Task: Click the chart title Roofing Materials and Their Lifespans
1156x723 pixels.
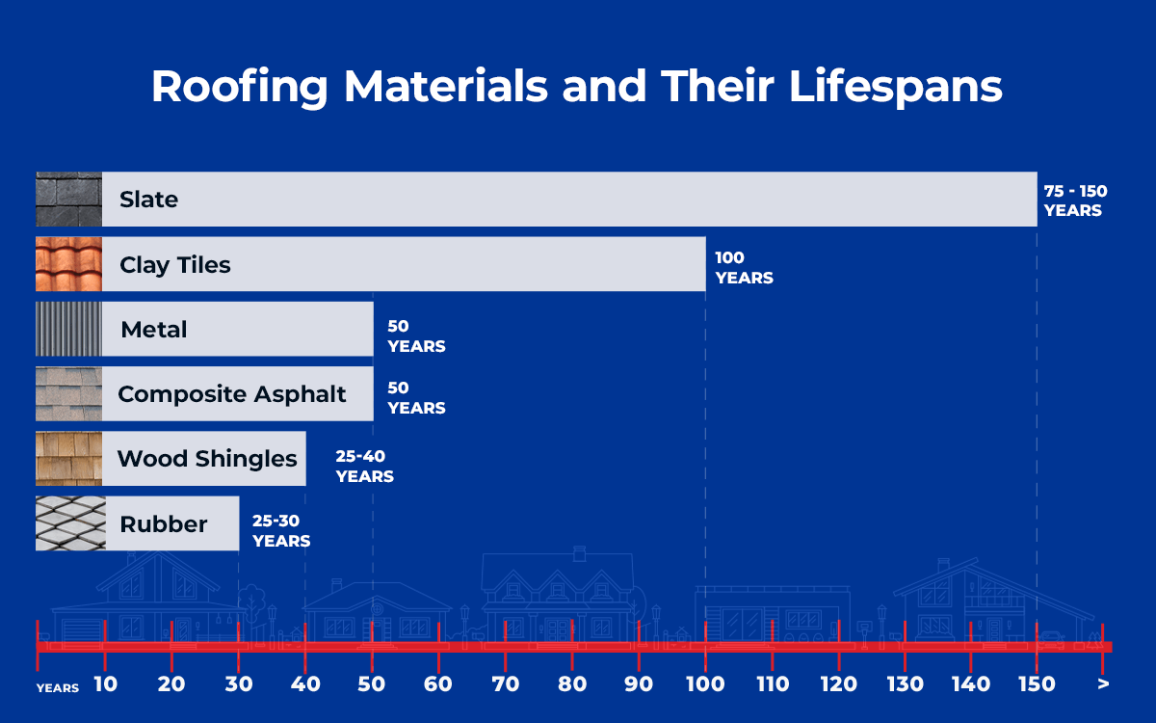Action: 576,87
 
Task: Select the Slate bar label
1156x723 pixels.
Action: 148,200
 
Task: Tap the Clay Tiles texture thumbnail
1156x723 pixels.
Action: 68,264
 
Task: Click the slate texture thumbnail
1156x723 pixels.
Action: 68,200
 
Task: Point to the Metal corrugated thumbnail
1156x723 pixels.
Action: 68,329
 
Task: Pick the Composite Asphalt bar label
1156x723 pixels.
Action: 231,393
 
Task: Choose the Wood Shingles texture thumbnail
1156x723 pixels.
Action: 68,458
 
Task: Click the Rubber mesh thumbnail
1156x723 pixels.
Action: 68,523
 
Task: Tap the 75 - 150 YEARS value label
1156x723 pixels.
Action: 1075,201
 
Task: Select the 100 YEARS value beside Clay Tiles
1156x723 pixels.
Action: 743,267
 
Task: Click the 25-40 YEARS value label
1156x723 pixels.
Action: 364,466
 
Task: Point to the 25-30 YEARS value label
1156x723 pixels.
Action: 281,530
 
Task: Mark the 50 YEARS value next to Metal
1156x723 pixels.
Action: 416,336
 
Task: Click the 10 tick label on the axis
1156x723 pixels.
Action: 105,684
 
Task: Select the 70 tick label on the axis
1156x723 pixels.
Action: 505,684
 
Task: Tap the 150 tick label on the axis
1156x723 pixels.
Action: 1038,684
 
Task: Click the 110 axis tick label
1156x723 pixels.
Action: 772,684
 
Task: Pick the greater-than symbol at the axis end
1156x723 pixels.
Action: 1103,684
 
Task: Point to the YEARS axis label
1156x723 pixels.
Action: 58,688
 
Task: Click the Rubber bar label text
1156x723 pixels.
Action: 163,523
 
